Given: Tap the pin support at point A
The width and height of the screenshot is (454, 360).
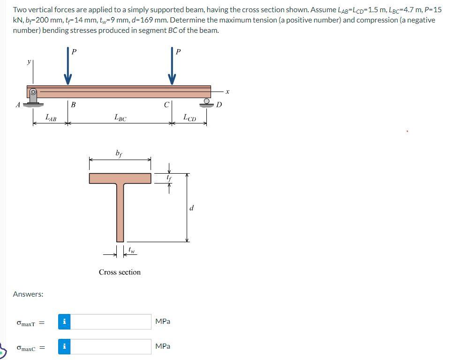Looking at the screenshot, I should (x=33, y=98).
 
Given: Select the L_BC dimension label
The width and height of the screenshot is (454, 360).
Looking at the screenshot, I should (x=120, y=118).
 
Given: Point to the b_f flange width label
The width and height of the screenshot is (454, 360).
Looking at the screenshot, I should (x=120, y=153).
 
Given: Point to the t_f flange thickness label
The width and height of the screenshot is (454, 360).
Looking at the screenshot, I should (x=169, y=178).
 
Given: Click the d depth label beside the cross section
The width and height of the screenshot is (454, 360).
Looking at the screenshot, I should (x=191, y=208).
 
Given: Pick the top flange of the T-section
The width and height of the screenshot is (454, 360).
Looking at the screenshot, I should (x=120, y=178).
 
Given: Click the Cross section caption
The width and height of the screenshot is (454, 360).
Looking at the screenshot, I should (x=120, y=272).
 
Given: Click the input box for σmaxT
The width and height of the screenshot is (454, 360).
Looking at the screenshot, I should (x=111, y=322).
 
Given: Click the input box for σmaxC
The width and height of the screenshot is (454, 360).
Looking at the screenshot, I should (x=111, y=346).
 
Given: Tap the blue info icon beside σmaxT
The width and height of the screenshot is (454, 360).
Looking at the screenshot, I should (x=65, y=322).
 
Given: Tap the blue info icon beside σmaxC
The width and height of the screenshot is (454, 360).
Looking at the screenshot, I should (x=65, y=346).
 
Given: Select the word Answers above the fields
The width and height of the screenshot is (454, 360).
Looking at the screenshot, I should (x=28, y=294).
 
